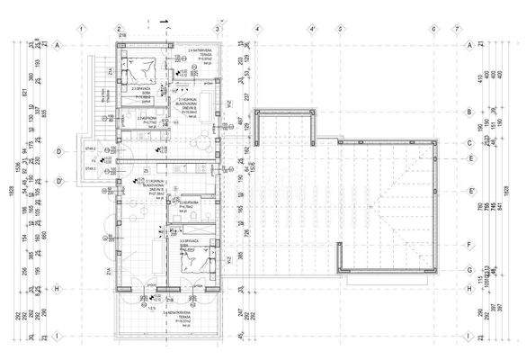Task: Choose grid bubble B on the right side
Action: point(469,112)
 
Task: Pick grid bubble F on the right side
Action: point(469,244)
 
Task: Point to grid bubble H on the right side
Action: point(469,289)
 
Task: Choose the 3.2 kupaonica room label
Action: point(191,205)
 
